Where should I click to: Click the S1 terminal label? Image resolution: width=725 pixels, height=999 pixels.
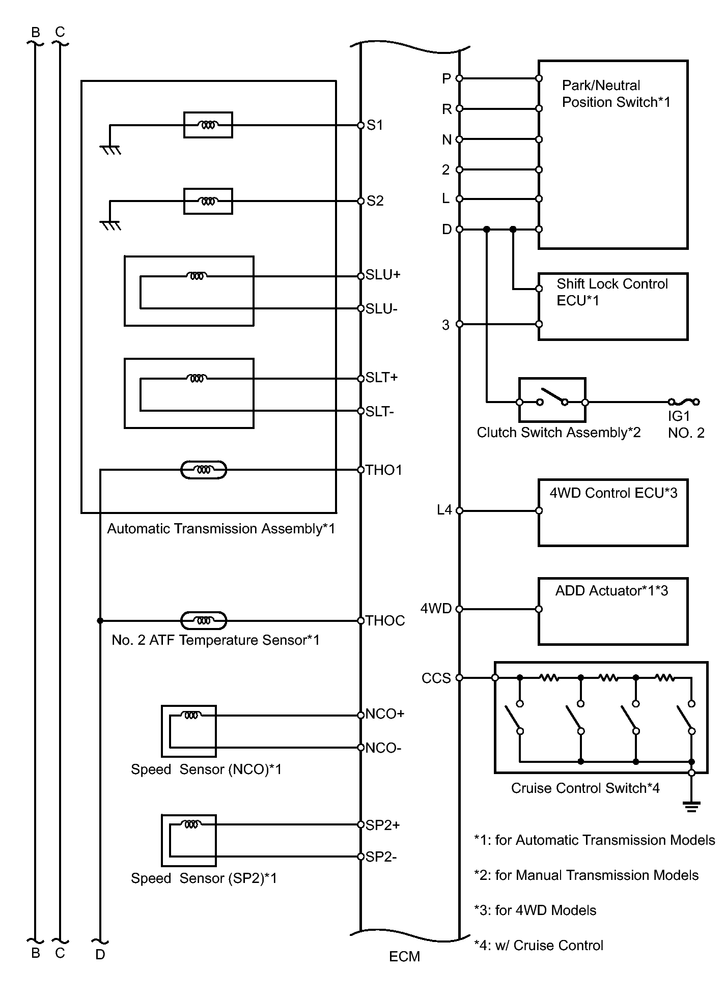point(375,125)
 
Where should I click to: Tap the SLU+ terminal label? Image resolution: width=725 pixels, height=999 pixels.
point(383,275)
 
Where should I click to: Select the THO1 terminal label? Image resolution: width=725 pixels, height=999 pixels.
point(384,470)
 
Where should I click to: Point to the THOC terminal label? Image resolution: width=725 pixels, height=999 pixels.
point(385,620)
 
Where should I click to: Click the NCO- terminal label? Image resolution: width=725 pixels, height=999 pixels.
point(383,748)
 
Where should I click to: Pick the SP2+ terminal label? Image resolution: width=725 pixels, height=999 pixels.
point(383,825)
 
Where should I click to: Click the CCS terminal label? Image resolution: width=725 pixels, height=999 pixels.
point(436,678)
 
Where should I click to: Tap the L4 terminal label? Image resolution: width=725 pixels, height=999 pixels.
point(444,509)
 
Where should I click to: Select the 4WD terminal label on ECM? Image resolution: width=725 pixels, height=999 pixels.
point(436,608)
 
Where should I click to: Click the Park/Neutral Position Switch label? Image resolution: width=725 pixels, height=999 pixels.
point(616,94)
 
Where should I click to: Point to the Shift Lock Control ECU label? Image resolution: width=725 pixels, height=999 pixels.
point(612,292)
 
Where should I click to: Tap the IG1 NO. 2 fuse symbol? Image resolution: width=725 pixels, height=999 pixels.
point(683,402)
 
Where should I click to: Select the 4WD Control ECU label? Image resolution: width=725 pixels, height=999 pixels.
point(614,493)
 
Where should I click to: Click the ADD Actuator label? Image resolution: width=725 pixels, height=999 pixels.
point(611,590)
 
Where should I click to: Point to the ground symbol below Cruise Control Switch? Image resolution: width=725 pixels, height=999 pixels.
point(691,806)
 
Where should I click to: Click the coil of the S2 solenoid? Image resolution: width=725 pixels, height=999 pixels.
point(208,202)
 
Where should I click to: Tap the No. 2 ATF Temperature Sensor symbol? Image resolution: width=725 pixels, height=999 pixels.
point(204,620)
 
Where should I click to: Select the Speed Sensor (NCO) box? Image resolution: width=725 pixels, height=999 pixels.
point(189,731)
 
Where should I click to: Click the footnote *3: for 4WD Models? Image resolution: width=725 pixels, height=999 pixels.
point(535,910)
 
